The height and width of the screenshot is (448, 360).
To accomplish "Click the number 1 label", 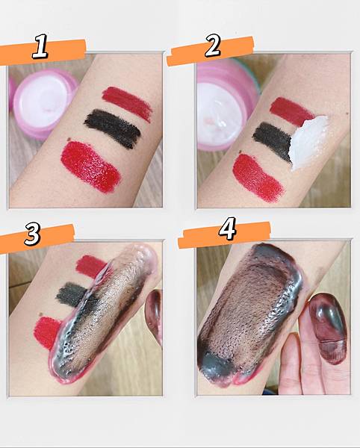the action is pyautogui.click(x=40, y=46).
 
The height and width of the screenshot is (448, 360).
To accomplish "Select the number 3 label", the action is pyautogui.click(x=32, y=234).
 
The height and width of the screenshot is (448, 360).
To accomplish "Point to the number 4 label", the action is pyautogui.click(x=227, y=228).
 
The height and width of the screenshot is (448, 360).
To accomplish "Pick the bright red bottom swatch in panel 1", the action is pyautogui.click(x=90, y=167).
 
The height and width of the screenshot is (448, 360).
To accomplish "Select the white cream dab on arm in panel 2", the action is pyautogui.click(x=308, y=141).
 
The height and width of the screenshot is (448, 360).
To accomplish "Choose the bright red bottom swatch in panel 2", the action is pyautogui.click(x=258, y=178).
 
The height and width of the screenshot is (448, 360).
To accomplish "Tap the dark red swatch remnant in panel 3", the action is pyautogui.click(x=90, y=267).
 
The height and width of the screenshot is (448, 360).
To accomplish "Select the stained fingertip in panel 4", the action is pyautogui.click(x=329, y=329).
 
